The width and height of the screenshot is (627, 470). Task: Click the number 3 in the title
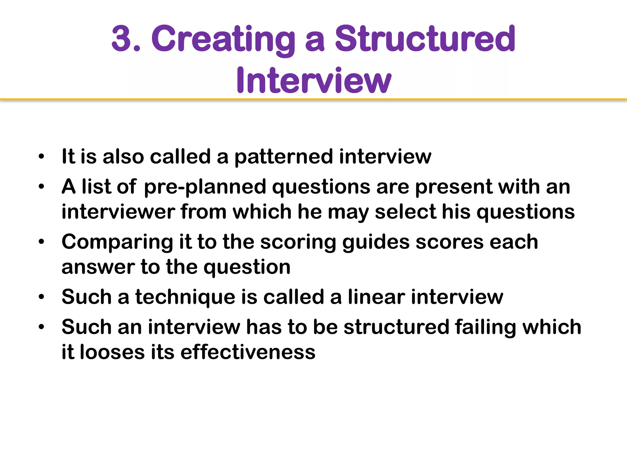(122, 39)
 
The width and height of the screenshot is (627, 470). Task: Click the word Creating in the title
(223, 40)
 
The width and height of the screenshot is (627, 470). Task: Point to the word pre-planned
(205, 187)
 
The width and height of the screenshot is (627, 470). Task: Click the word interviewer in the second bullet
(118, 212)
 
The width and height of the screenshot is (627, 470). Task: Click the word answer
(98, 267)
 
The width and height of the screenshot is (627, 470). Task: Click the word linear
(376, 297)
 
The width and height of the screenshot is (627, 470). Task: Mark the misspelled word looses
(112, 352)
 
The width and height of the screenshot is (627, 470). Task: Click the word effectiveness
(248, 352)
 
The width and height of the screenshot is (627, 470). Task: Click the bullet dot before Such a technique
(42, 297)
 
